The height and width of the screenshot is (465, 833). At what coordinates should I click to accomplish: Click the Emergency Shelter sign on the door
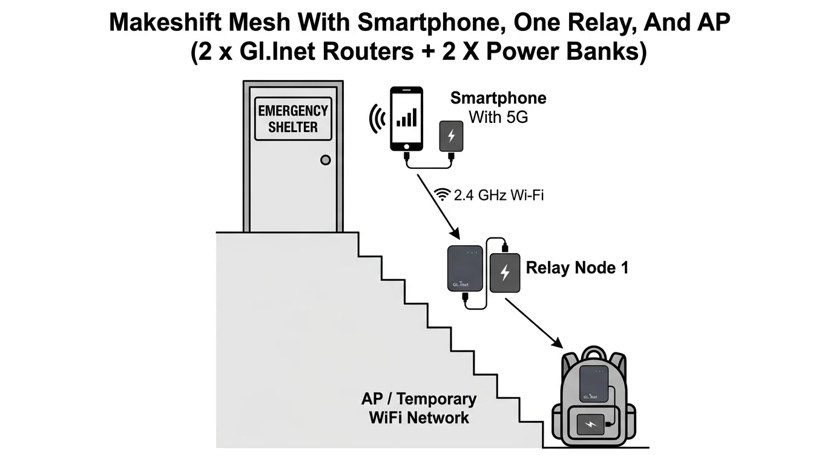click(293, 119)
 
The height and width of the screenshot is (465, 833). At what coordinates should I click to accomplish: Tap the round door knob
click(325, 160)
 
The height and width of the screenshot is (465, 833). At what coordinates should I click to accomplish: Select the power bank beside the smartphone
click(451, 136)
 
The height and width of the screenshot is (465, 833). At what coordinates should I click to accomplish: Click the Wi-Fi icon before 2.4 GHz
click(443, 195)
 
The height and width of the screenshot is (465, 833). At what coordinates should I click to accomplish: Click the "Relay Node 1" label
click(576, 268)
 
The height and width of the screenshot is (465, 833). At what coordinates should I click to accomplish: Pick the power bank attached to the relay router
click(505, 273)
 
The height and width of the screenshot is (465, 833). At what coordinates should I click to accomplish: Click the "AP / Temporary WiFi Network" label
click(418, 408)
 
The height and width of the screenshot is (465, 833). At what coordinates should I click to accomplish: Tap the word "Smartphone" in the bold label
click(498, 98)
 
